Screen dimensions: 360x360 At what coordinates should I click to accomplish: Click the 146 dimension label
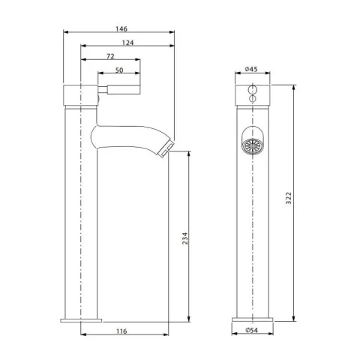point(120,28)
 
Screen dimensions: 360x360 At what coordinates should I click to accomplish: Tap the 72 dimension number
point(110,56)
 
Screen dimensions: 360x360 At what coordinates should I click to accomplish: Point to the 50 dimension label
point(118,70)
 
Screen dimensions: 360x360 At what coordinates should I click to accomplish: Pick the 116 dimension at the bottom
point(121,330)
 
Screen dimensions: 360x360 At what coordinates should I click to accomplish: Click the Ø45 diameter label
point(251,70)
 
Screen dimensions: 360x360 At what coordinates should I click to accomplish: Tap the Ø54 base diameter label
point(251,330)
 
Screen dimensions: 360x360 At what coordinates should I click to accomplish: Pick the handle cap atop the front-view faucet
point(251,94)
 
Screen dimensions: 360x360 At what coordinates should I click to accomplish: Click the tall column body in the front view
point(251,225)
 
